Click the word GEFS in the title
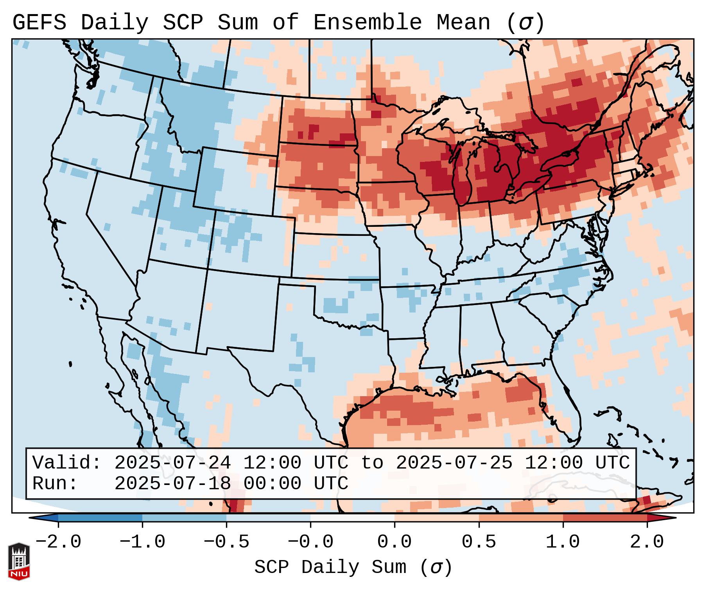pyautogui.click(x=39, y=23)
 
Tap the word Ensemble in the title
pyautogui.click(x=368, y=23)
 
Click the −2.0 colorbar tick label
pyautogui.click(x=58, y=542)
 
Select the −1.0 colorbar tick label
pyautogui.click(x=142, y=542)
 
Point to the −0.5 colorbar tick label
pyautogui.click(x=226, y=542)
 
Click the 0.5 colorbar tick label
pyautogui.click(x=479, y=542)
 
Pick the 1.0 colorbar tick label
pyautogui.click(x=563, y=542)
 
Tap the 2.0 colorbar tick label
pyautogui.click(x=647, y=542)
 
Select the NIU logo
pyautogui.click(x=19, y=561)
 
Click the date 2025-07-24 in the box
pyautogui.click(x=173, y=463)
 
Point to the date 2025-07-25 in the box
pyautogui.click(x=454, y=463)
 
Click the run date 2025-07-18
pyautogui.click(x=173, y=484)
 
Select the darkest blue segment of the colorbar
pyautogui.click(x=100, y=518)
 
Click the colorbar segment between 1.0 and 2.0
pyautogui.click(x=605, y=518)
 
